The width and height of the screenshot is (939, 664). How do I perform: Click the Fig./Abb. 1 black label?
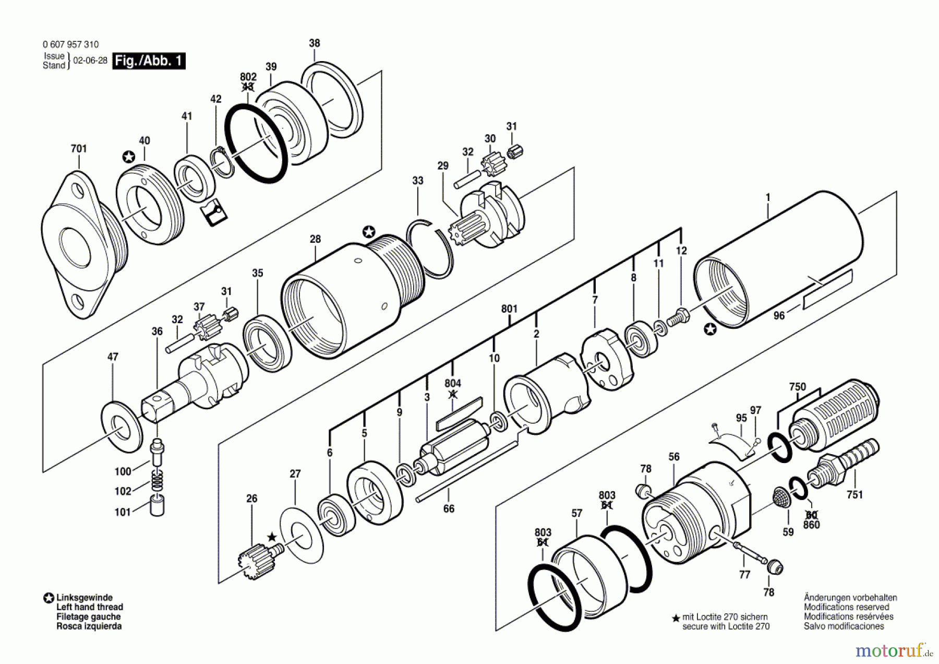click(149, 61)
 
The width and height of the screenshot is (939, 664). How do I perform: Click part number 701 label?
click(79, 149)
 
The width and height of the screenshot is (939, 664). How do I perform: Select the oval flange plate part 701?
click(78, 240)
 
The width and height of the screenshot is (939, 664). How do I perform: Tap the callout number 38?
click(315, 43)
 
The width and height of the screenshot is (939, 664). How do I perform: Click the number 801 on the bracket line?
click(509, 309)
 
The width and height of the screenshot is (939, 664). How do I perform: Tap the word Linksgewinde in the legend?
click(85, 598)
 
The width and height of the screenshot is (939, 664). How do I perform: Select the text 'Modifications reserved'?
click(846, 607)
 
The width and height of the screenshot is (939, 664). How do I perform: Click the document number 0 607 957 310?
click(70, 45)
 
